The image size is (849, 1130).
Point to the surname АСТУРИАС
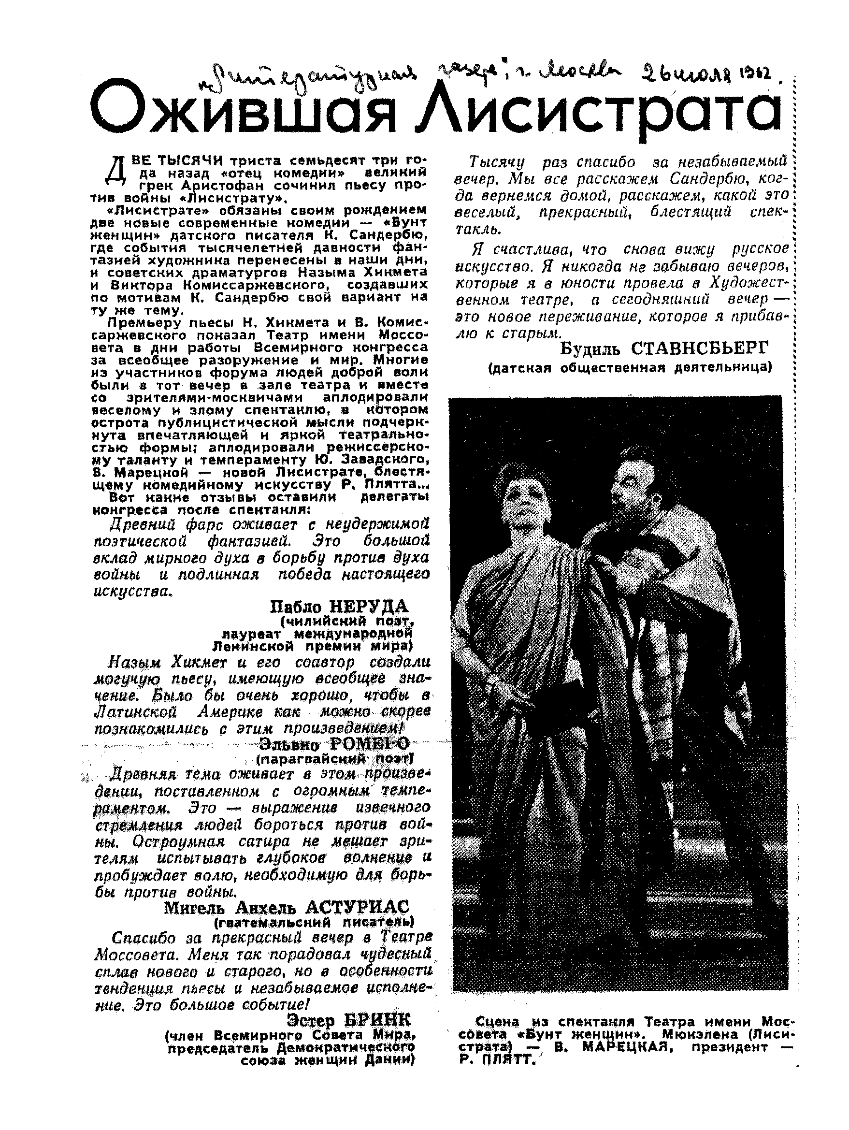357,908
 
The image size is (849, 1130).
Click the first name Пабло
296,607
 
